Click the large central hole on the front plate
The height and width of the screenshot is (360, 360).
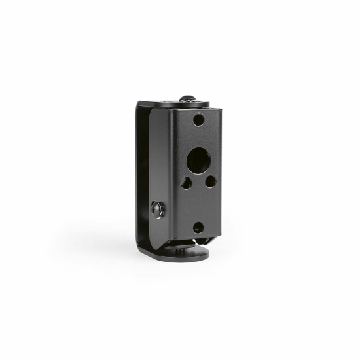coord(196,158)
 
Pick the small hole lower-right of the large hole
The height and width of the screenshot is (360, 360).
coord(209,181)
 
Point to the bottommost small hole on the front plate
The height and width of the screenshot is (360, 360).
coord(197,227)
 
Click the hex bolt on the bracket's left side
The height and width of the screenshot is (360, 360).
coord(158,209)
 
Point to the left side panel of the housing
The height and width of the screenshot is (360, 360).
coord(161,170)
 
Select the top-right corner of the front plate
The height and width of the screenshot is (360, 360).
coord(221,107)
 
